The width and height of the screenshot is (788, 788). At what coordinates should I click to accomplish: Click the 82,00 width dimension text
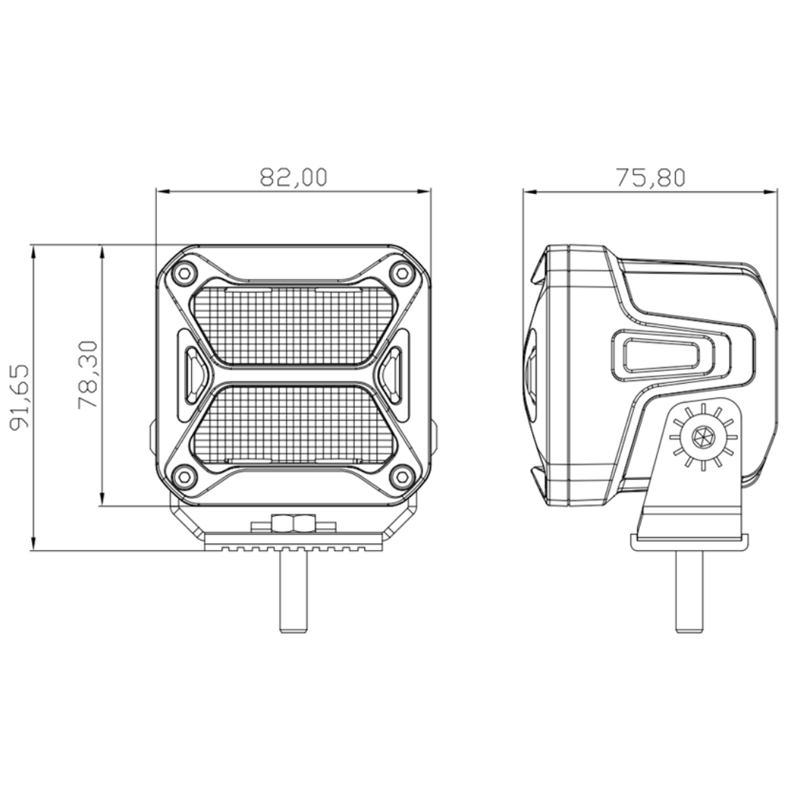(293, 177)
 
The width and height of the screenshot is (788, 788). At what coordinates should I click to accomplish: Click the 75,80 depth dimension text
(651, 177)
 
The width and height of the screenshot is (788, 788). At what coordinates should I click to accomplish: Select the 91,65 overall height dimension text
(20, 397)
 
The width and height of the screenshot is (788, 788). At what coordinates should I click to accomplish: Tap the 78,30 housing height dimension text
(88, 374)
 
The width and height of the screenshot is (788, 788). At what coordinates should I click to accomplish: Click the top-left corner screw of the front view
(184, 274)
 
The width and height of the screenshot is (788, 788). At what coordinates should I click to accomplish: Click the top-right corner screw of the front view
(401, 274)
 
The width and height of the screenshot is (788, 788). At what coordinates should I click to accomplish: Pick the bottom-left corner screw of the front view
(184, 476)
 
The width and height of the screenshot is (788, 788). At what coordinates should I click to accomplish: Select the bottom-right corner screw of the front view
(401, 476)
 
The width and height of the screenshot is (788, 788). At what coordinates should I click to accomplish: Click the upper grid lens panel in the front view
(293, 325)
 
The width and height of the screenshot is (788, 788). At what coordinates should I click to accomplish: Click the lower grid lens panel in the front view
(293, 423)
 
